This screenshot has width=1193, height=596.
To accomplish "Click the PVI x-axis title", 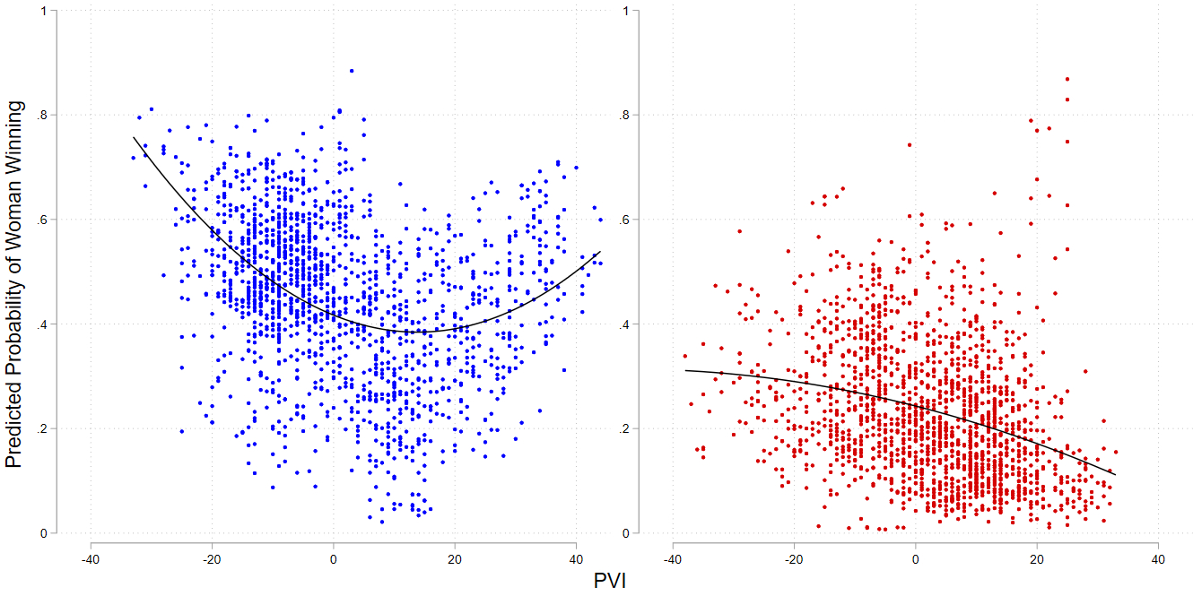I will [x=609, y=581].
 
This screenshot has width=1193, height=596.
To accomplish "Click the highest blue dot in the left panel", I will [x=352, y=71].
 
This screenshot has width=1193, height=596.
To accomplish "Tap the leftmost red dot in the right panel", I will [x=685, y=356].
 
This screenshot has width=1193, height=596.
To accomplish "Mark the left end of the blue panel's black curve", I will [x=134, y=138].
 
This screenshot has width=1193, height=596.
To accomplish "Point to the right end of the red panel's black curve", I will [x=1115, y=475].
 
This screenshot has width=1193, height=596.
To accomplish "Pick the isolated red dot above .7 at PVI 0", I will [x=910, y=144].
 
